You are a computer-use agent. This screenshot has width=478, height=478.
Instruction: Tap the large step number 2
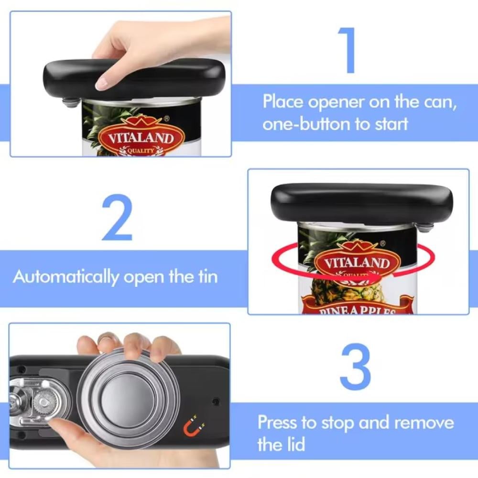click(117, 217)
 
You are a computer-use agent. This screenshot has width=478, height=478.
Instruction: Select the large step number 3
click(355, 367)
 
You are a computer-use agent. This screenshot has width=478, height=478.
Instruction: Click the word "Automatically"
click(65, 277)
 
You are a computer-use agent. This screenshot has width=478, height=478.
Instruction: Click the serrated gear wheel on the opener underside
click(43, 402)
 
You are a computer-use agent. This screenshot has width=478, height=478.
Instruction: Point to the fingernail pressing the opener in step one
click(101, 83)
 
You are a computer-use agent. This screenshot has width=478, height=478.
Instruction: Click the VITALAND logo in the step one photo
click(141, 138)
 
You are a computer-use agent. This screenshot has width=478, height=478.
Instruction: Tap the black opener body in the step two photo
click(362, 203)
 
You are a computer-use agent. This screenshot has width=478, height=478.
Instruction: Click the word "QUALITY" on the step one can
click(141, 151)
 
